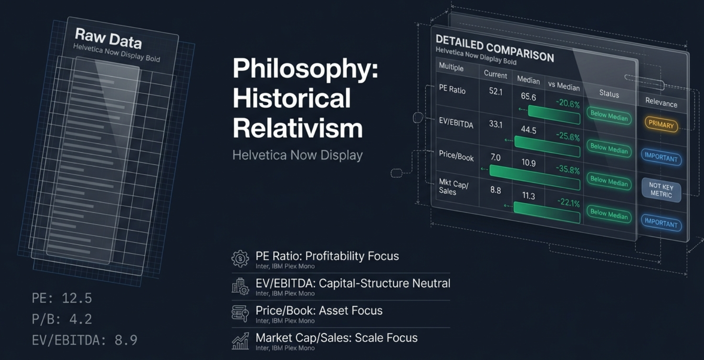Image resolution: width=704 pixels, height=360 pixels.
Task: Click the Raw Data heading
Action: [x=108, y=38]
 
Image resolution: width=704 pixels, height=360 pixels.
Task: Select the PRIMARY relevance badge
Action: [x=661, y=124]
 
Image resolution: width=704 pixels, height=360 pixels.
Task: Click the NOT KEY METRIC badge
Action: [x=661, y=190]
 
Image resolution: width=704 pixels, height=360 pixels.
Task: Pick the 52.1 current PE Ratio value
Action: [x=495, y=92]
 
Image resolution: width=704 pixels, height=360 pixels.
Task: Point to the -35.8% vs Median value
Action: [x=567, y=170]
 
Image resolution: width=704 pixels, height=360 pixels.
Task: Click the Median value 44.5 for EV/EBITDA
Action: [x=528, y=129]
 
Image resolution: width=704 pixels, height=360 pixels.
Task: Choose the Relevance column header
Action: [x=661, y=102]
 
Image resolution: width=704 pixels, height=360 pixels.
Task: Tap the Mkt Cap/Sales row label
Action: [x=453, y=187]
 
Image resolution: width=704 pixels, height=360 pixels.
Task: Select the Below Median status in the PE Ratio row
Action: [x=609, y=116]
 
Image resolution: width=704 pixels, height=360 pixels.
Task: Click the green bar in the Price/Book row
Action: [x=535, y=177]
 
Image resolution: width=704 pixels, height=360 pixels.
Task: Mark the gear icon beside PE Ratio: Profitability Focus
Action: [x=240, y=259]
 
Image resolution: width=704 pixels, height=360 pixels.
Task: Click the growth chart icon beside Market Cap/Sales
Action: [x=240, y=341]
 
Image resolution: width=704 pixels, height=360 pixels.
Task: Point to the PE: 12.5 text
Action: [x=62, y=298]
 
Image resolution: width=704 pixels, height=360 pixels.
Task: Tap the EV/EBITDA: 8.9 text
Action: [x=84, y=340]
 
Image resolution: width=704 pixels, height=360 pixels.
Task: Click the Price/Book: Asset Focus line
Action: [x=319, y=311]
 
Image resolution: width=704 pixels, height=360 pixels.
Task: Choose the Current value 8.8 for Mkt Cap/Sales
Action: [x=495, y=190]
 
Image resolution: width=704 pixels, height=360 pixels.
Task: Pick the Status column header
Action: [x=609, y=94]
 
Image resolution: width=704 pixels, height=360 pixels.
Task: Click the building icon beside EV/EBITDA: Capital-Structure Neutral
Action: [x=240, y=287]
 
